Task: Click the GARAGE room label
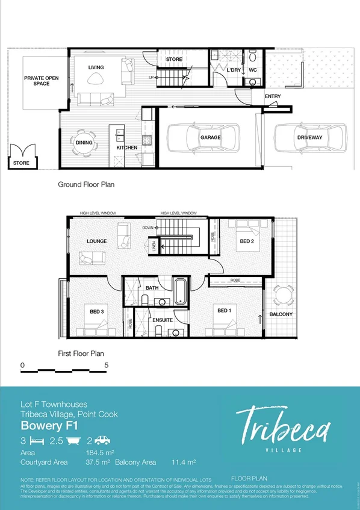coord(210,138)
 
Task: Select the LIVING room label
coord(96,67)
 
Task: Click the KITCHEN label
coord(127,148)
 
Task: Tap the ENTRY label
coord(272,96)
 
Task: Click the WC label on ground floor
coord(253,70)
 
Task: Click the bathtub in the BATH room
coord(180,291)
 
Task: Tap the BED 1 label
coord(224,311)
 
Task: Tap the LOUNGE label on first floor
coord(96,241)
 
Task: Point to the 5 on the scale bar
coord(107,365)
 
